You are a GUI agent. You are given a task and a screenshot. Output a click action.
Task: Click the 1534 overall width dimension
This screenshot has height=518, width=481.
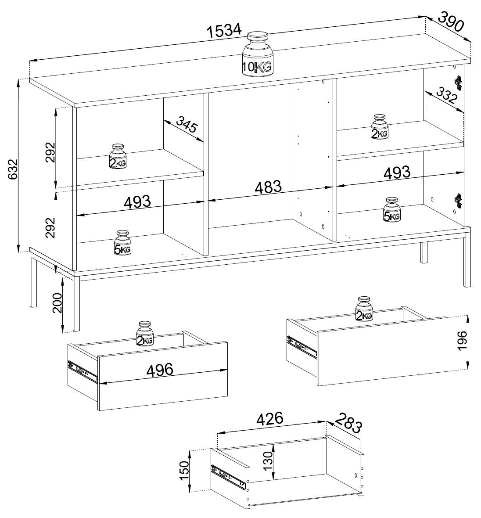tap(224, 30)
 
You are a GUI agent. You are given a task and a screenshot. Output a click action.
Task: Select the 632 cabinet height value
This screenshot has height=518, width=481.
tap(12, 170)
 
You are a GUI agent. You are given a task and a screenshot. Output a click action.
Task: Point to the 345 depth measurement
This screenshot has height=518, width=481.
tap(187, 125)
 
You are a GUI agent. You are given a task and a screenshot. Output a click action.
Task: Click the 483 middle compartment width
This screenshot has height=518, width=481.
tap(268, 187)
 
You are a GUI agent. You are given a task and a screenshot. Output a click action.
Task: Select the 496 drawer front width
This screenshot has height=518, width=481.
tap(160, 370)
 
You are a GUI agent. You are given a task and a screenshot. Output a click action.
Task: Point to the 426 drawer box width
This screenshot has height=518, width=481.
tap(270, 418)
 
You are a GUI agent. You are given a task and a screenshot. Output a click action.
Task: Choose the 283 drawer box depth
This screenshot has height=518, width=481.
tap(348, 423)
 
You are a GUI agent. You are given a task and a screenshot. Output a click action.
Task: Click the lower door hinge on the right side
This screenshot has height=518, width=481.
tap(458, 200)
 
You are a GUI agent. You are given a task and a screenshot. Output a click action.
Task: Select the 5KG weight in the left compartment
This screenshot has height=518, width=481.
tap(122, 243)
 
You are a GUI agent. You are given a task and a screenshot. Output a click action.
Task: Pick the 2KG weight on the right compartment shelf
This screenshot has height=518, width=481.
tap(380, 127)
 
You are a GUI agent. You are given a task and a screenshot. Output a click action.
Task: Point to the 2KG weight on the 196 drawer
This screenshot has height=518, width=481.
tap(364, 309)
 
